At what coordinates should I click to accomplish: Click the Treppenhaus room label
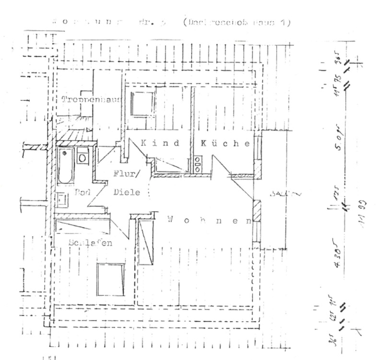[91, 100]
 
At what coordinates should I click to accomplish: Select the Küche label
[225, 143]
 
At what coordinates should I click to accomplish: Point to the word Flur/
[126, 175]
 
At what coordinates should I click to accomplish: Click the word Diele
[127, 192]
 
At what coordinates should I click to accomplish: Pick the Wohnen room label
[210, 220]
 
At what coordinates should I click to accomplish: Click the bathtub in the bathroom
[65, 166]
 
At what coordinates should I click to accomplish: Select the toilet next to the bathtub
[83, 156]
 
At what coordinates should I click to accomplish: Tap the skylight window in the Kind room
[141, 104]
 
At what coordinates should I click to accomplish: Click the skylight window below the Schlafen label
[111, 279]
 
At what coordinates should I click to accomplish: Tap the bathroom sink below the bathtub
[61, 198]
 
